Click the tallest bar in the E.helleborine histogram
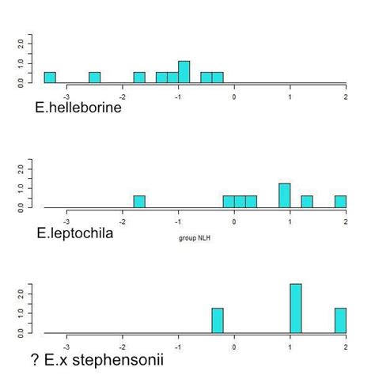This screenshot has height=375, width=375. (x=184, y=72)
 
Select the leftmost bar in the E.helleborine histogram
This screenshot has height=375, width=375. (x=50, y=78)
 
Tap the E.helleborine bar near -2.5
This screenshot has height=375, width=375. (x=94, y=78)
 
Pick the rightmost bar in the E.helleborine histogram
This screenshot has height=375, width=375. (x=218, y=78)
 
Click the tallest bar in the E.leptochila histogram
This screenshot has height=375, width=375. (x=284, y=195)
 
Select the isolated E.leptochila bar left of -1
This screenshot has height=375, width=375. (x=139, y=202)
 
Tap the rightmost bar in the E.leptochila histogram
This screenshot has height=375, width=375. (x=340, y=202)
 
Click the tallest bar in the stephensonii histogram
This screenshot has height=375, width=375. (x=296, y=309)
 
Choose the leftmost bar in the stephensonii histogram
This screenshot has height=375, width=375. (x=218, y=320)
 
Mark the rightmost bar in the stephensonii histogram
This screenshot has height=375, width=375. (x=340, y=320)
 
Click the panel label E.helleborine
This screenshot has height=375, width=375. (x=78, y=108)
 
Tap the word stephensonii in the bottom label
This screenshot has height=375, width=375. (x=120, y=360)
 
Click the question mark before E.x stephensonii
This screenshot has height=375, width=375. (x=36, y=360)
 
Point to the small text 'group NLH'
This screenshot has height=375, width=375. (x=195, y=237)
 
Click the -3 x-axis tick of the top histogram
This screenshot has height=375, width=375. (x=66, y=97)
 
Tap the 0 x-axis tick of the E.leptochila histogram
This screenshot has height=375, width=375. (x=234, y=222)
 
